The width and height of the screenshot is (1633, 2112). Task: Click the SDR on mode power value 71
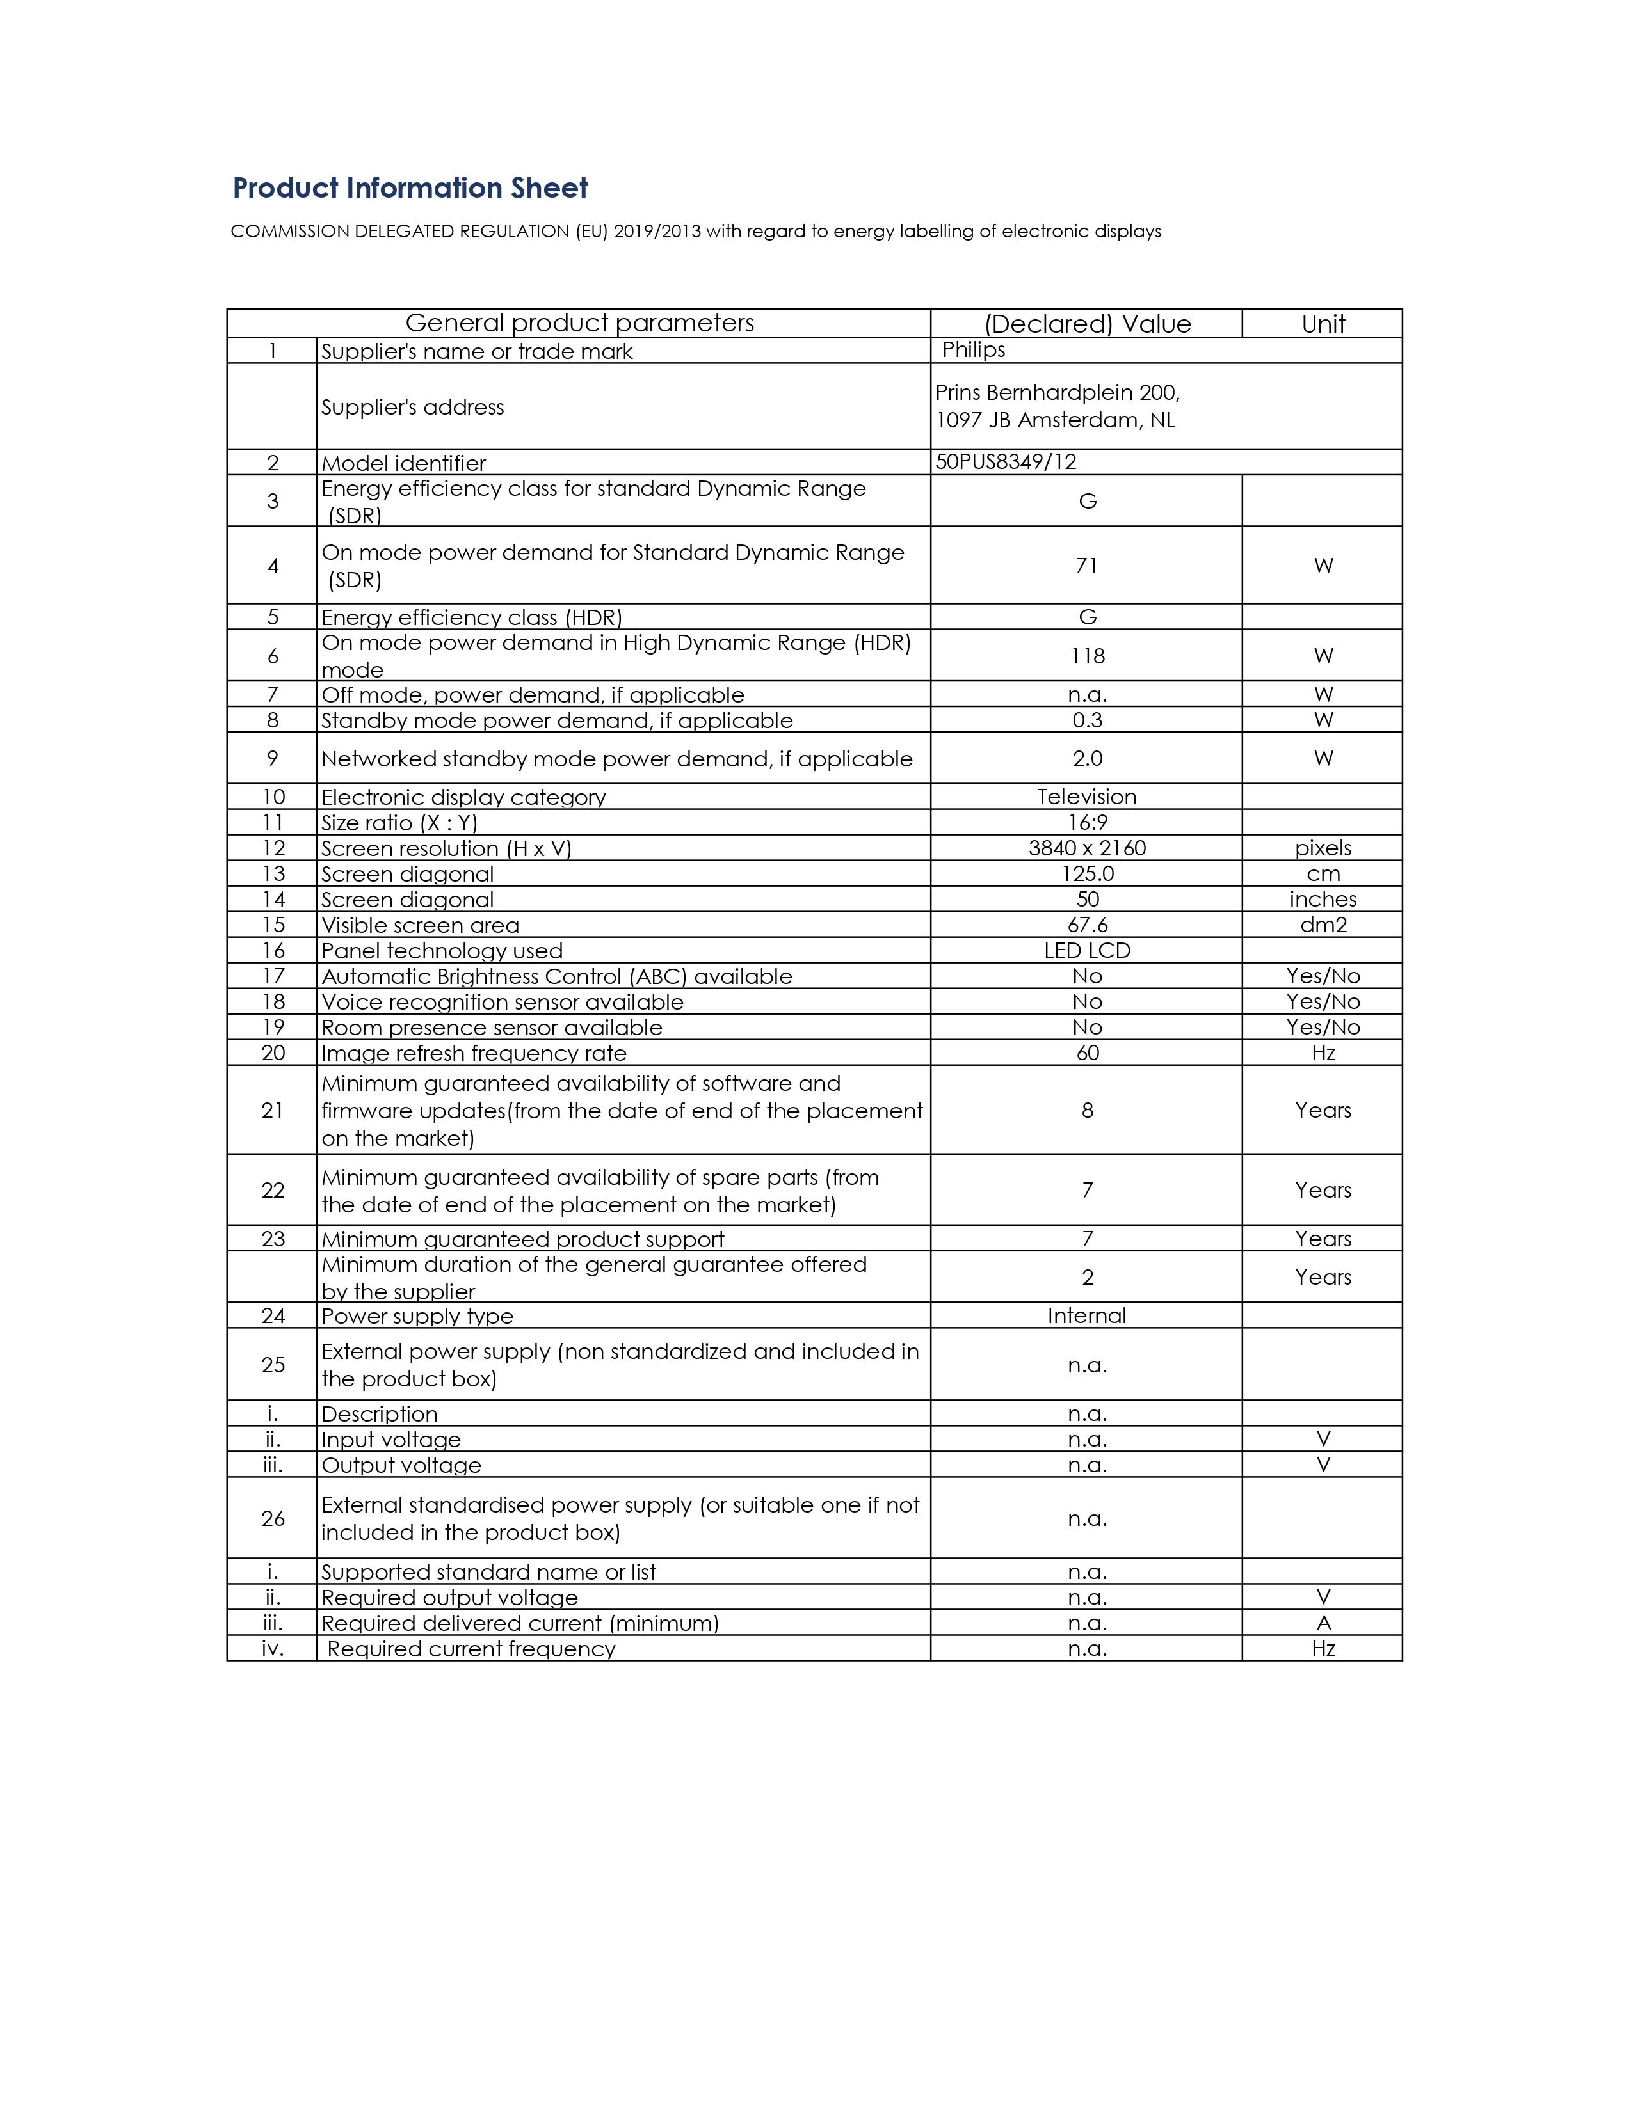(1086, 566)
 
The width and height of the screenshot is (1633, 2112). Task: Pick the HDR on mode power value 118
(1088, 656)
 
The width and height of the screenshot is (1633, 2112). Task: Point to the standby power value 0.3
(1088, 720)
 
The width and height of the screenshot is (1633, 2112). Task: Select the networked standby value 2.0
(1088, 758)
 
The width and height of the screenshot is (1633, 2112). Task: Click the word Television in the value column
(1086, 797)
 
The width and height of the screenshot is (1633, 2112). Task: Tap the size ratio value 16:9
(1088, 822)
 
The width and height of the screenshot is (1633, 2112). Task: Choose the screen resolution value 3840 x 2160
(1088, 848)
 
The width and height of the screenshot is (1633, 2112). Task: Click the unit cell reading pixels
(1323, 848)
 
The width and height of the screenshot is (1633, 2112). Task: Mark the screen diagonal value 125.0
(1088, 873)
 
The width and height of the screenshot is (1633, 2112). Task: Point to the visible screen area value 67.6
(1088, 925)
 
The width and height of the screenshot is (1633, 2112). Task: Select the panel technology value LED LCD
(1088, 951)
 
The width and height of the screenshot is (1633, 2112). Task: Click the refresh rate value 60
(1088, 1053)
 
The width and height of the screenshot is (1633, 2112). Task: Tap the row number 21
(273, 1110)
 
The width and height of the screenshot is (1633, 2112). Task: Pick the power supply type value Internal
(1086, 1315)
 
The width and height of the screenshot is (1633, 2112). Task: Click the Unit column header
(1323, 324)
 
